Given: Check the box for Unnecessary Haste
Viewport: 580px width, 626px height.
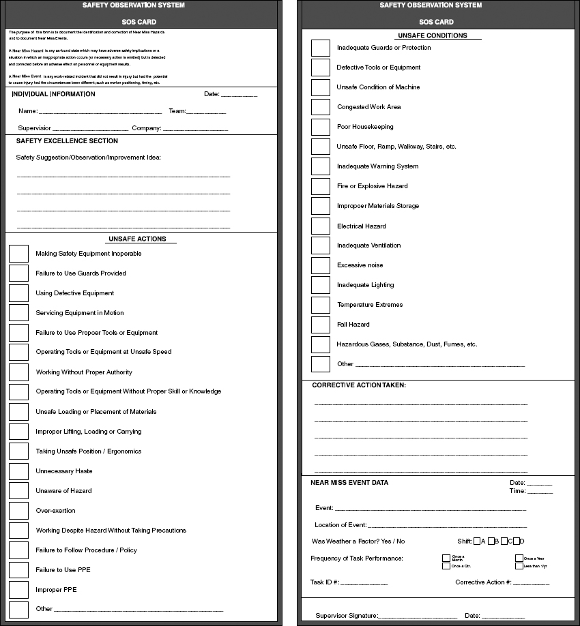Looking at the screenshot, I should [18, 471].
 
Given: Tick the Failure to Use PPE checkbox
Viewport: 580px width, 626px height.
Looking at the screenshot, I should [18, 569].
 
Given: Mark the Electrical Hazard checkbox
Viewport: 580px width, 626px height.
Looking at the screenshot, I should [320, 226].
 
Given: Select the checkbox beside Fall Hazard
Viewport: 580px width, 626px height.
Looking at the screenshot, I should [320, 325].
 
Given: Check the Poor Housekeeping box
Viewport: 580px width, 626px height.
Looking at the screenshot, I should [320, 127].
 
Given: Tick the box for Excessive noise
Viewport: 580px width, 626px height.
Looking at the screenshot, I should [320, 265].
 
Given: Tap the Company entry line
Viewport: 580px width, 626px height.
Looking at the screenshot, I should [195, 130].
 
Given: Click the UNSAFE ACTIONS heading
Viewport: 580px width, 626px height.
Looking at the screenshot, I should [142, 239].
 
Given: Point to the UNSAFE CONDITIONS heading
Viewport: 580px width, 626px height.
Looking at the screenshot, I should [432, 35].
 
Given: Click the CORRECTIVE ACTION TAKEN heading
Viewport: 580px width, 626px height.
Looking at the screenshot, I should [359, 385].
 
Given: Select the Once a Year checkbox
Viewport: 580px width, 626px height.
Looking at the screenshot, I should [519, 558].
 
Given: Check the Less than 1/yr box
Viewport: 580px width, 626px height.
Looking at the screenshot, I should [519, 566].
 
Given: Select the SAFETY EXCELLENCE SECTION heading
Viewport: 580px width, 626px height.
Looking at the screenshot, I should [67, 141].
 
